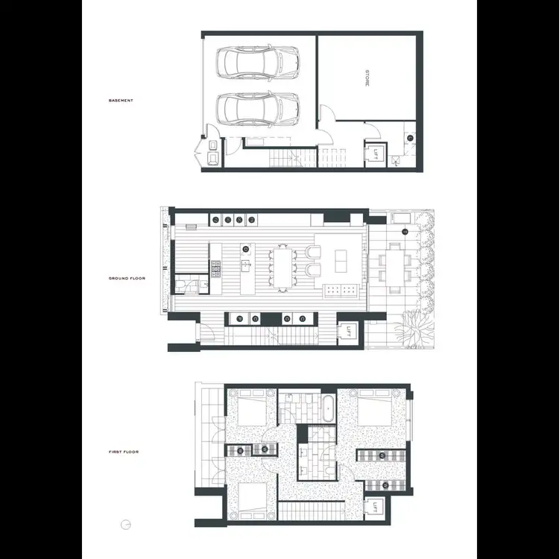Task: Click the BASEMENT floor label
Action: coord(121,101)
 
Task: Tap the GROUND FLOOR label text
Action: coord(126,278)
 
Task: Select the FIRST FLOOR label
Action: coord(123,452)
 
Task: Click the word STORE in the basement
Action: coord(367,78)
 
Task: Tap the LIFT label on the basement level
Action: coord(376,157)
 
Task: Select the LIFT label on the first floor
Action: coord(376,510)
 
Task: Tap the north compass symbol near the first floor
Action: coord(126,524)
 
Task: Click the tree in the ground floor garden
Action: coord(411,326)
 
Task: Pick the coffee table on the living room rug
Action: coord(341,260)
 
